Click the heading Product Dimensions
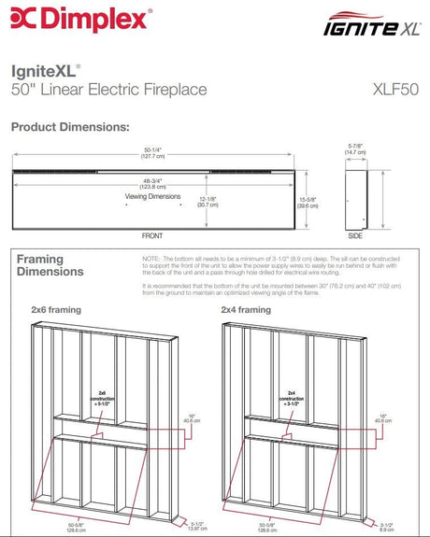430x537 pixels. click(69, 125)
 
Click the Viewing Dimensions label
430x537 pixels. click(152, 197)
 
